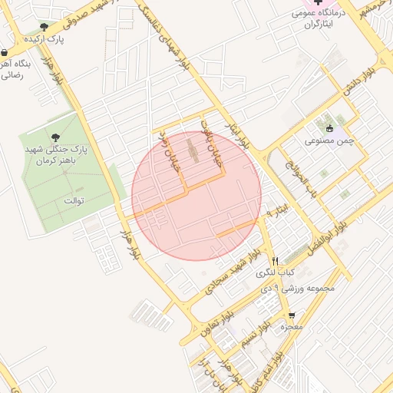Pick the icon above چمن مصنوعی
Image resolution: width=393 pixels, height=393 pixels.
[330, 129]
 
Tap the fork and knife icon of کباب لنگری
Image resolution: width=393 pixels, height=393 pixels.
[274, 261]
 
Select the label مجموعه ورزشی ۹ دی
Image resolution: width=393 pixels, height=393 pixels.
[299, 288]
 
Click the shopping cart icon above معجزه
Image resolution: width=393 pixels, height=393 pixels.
[292, 315]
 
